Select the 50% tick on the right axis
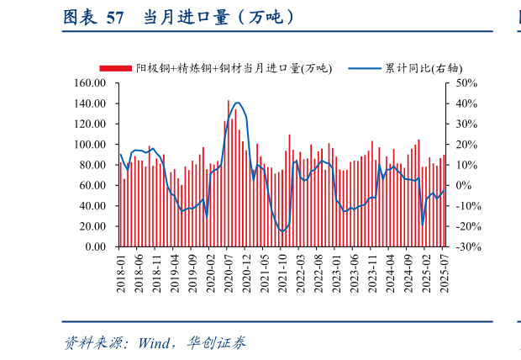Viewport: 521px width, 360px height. [x=466, y=83]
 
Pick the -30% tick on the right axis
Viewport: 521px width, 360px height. [x=466, y=247]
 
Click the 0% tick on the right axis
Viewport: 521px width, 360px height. [x=466, y=186]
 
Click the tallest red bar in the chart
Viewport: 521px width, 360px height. [x=228, y=173]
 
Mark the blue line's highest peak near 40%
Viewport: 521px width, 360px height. [x=238, y=103]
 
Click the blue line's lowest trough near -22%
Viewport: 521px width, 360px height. [x=282, y=230]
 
